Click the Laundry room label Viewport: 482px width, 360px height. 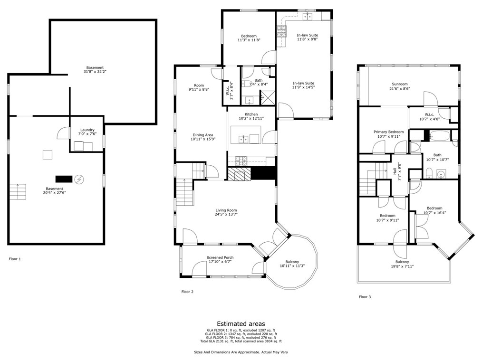click(x=87, y=130)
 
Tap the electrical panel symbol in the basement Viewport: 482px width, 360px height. click(x=79, y=179)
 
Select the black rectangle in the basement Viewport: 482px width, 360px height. click(x=64, y=179)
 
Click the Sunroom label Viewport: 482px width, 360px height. click(x=400, y=84)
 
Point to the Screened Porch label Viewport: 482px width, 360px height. click(x=220, y=257)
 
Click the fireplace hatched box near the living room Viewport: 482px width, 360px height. click(x=239, y=173)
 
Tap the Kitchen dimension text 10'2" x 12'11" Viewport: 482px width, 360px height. click(x=251, y=118)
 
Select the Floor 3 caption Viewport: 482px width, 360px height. click(x=365, y=297)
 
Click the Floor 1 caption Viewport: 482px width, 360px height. click(x=15, y=259)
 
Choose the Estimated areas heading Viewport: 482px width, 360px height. click(x=241, y=324)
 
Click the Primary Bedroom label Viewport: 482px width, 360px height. click(x=388, y=132)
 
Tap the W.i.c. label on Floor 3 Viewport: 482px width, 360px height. click(x=429, y=114)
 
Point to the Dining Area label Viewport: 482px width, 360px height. click(x=203, y=135)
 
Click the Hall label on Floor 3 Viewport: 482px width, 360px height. click(x=395, y=171)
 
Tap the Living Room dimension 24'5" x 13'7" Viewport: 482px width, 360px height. click(x=226, y=214)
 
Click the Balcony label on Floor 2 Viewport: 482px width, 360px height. click(x=292, y=262)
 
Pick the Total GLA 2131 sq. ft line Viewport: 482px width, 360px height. click(x=241, y=341)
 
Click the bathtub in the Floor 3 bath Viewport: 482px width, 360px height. click(x=440, y=135)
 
